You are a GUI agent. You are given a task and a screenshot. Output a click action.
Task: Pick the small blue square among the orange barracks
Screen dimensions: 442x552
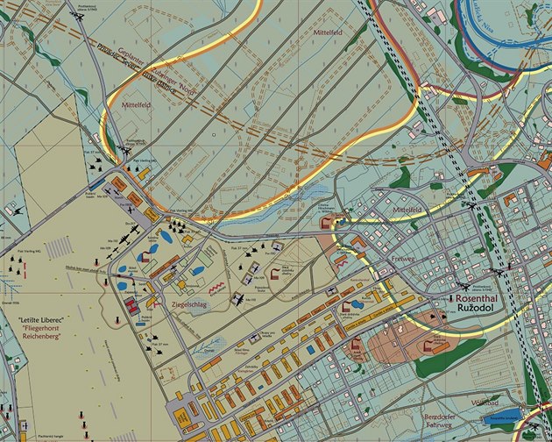tap(311, 348)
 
